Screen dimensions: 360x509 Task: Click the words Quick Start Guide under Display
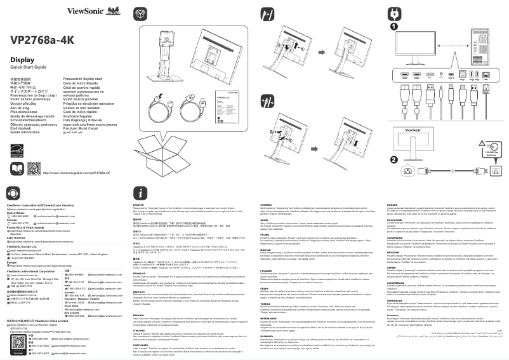27,67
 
